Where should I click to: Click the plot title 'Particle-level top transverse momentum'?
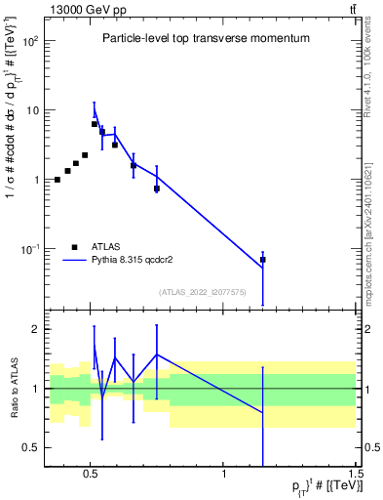pyautogui.click(x=206, y=38)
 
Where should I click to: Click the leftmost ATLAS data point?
pyautogui.click(x=57, y=180)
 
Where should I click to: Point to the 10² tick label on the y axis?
pyautogui.click(x=33, y=41)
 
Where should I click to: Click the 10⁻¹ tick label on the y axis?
pyautogui.click(x=32, y=249)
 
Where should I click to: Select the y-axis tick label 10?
pyautogui.click(x=33, y=110)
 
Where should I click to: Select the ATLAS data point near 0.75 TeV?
pyautogui.click(x=156, y=188)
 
